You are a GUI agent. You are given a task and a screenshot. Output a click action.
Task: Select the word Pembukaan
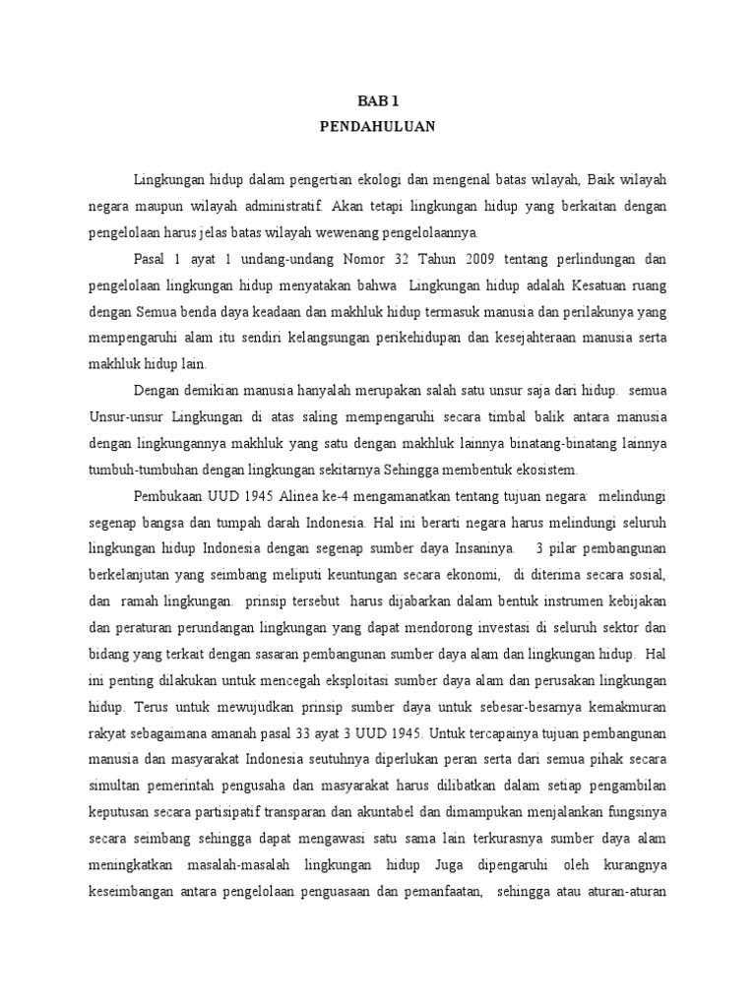[168, 496]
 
